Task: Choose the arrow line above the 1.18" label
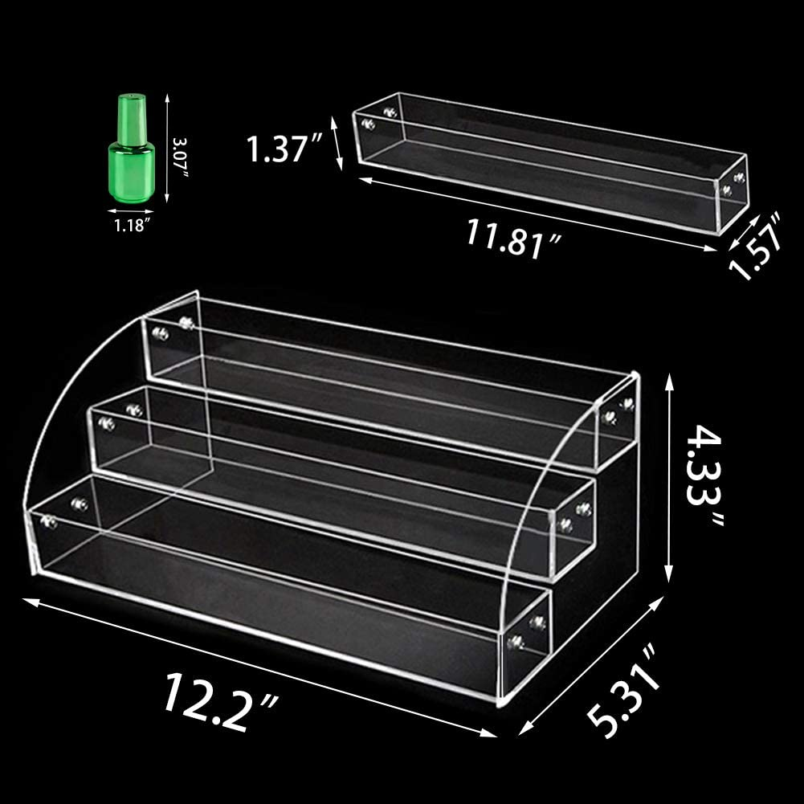[129, 212]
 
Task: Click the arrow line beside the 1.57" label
[736, 237]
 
